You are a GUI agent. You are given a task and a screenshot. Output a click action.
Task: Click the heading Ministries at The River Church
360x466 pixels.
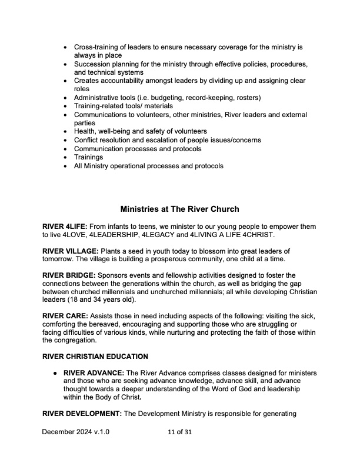pyautogui.click(x=179, y=209)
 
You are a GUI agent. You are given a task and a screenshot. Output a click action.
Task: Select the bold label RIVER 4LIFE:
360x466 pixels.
pyautogui.click(x=65, y=227)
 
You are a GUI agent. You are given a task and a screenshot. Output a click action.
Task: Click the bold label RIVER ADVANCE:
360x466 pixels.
pyautogui.click(x=93, y=374)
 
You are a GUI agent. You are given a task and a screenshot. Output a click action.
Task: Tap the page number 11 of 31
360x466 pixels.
pyautogui.click(x=179, y=432)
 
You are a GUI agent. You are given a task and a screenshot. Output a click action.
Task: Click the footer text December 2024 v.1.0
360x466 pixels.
pyautogui.click(x=76, y=432)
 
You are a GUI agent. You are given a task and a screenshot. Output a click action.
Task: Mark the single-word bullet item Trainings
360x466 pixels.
pyautogui.click(x=88, y=157)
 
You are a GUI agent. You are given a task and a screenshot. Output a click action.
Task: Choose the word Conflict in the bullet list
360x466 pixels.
pyautogui.click(x=87, y=140)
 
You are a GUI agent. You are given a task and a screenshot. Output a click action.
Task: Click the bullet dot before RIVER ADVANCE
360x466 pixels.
pyautogui.click(x=55, y=374)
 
